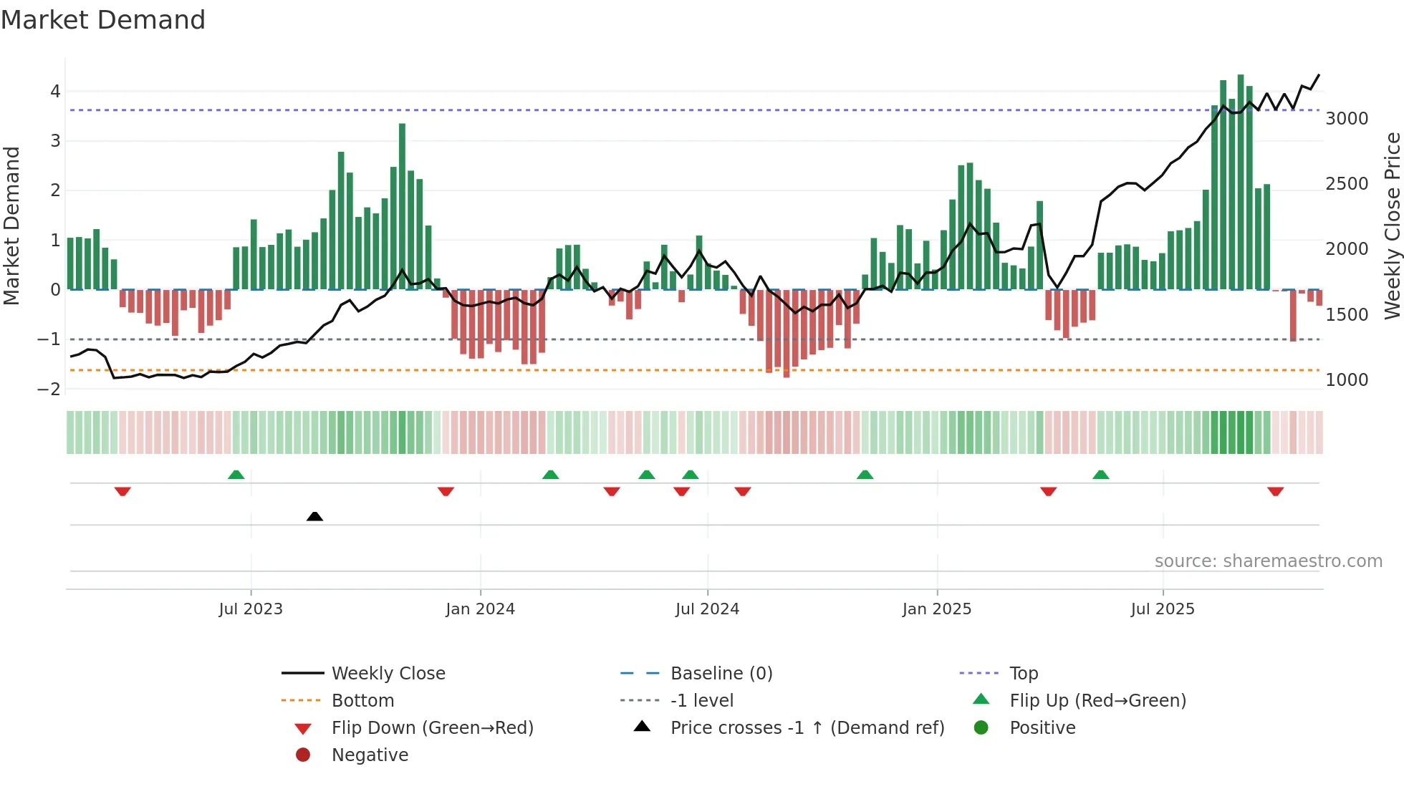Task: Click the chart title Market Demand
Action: [103, 20]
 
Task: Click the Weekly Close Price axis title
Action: [1392, 226]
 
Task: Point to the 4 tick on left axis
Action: [55, 92]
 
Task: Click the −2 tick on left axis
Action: [49, 389]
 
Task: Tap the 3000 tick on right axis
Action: [1347, 119]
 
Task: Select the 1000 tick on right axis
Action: [1347, 380]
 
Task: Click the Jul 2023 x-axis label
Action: [251, 609]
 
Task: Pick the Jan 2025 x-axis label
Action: [936, 609]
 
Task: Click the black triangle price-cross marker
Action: [314, 516]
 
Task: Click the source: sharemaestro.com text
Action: [1268, 561]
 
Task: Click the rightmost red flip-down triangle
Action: [1275, 491]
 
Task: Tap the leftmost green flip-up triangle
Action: [236, 475]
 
